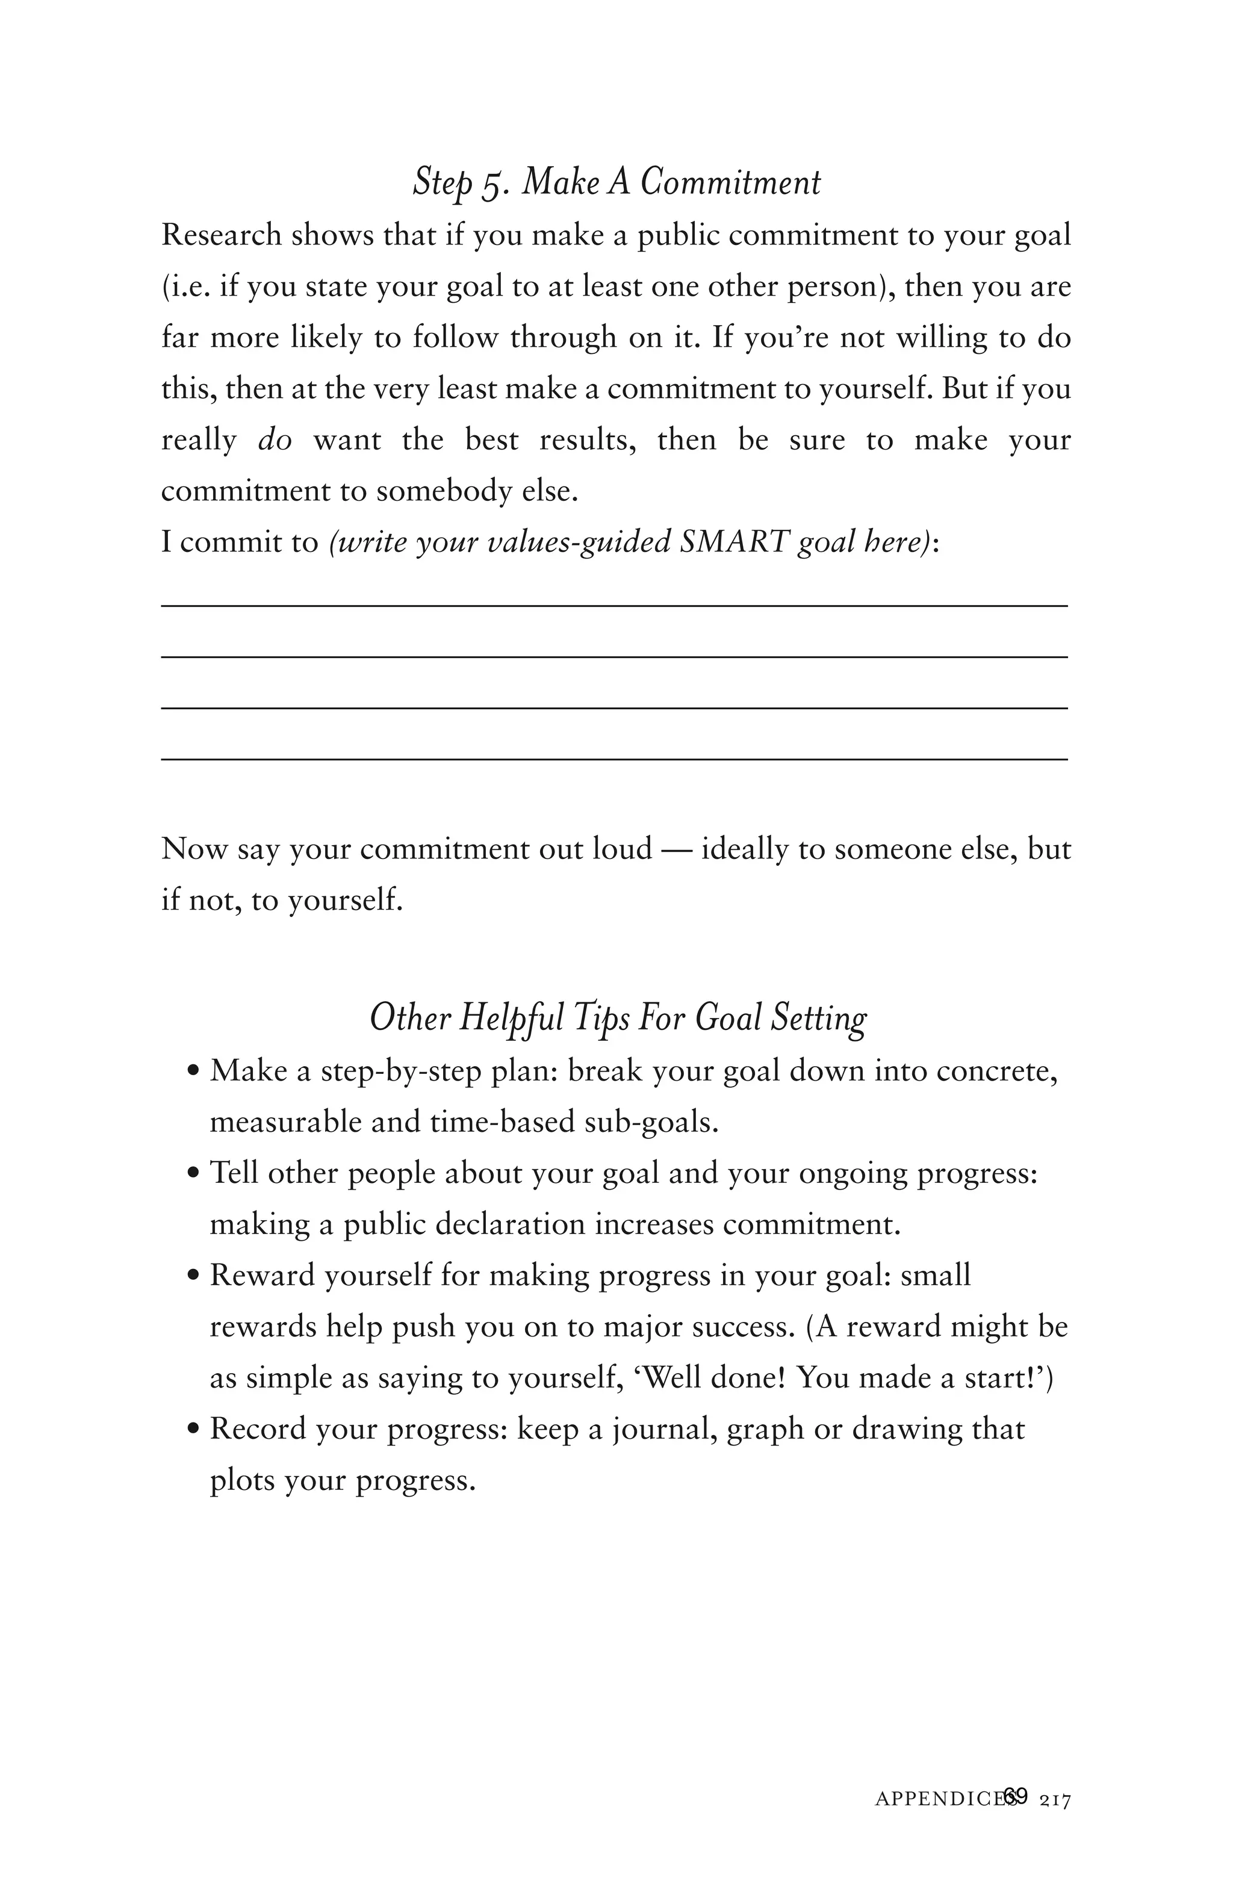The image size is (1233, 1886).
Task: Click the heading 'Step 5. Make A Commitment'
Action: [616, 183]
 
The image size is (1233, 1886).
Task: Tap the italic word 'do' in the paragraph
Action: [275, 441]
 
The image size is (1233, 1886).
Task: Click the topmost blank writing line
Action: [614, 606]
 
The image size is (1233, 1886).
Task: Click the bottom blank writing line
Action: [614, 759]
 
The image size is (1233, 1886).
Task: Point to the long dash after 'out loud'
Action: [676, 849]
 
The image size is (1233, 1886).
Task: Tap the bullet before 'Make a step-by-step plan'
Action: [193, 1072]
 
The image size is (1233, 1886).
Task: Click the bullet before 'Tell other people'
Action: [193, 1174]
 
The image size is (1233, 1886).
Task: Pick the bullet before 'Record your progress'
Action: [193, 1430]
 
